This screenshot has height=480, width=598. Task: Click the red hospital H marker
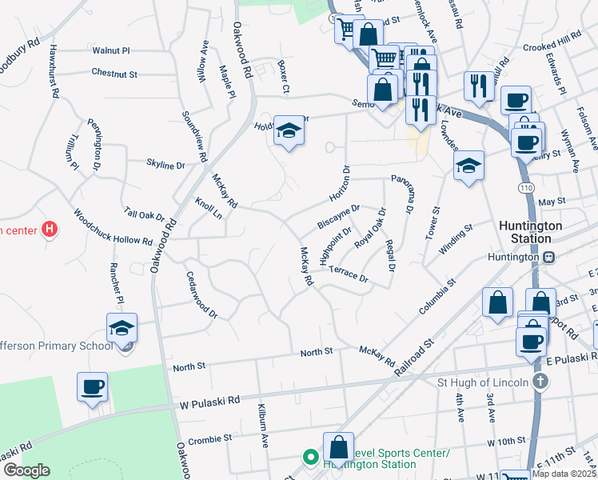coord(50,230)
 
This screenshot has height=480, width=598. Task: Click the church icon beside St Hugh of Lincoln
coord(540,381)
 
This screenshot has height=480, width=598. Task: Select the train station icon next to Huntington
coord(549,257)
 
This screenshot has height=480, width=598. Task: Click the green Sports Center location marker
coord(309,458)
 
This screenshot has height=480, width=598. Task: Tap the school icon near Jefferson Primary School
coord(122,328)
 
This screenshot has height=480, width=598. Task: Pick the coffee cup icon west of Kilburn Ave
coord(92,387)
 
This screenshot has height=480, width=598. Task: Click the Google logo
coord(26,470)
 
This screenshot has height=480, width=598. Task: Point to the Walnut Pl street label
coord(110,50)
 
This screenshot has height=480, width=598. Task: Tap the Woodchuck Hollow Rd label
coord(112,228)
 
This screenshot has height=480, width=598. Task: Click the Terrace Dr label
coord(348,274)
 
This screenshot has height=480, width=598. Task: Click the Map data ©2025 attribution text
coord(564,474)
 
